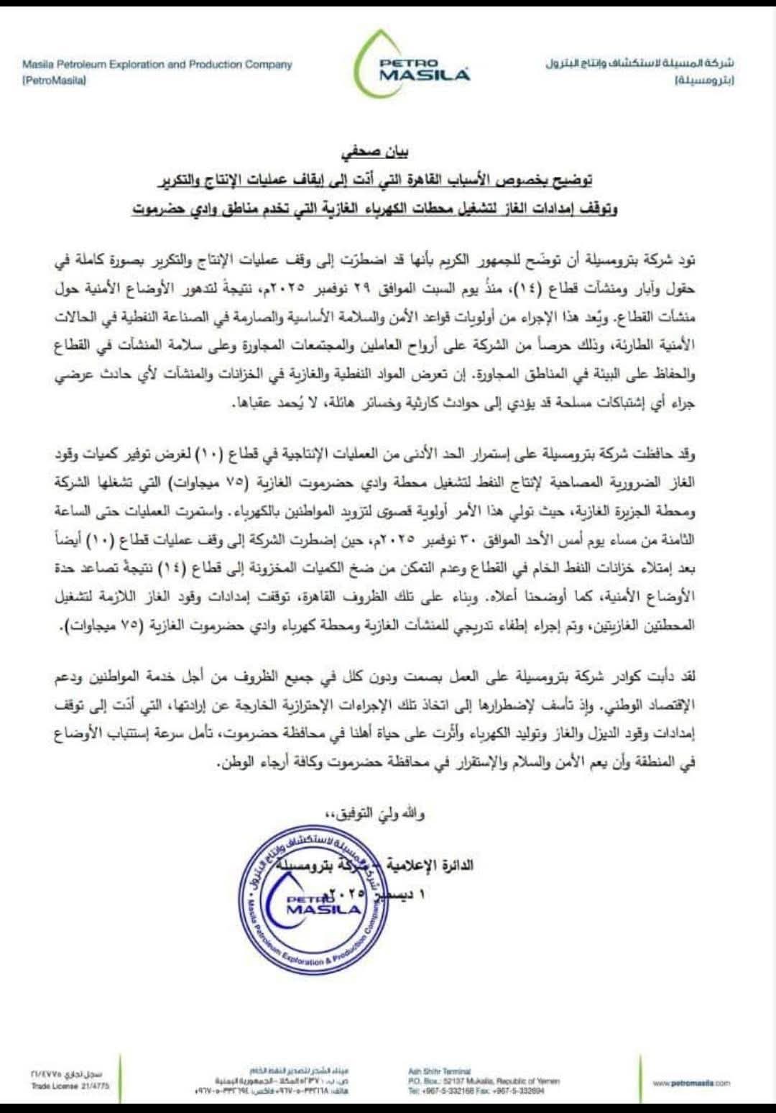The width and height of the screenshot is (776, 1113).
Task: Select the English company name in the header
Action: (x=157, y=65)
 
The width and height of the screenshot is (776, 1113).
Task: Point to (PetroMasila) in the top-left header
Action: (x=54, y=81)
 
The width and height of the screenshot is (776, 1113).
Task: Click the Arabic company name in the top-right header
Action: (x=639, y=65)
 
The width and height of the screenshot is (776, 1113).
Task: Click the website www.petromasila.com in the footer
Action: (x=691, y=1083)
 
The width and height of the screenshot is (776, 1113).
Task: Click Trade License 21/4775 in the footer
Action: (x=70, y=1086)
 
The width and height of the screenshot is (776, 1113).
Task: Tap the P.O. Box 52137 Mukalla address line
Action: (x=483, y=1081)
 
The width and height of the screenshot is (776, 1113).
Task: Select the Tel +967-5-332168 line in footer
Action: (x=476, y=1091)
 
